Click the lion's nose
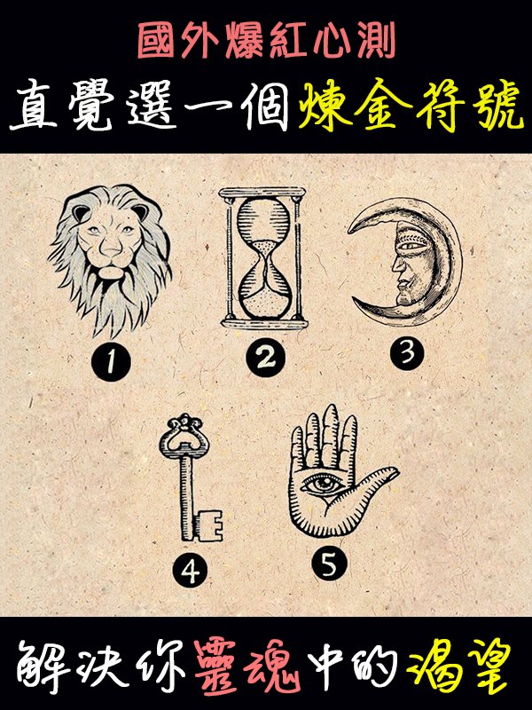(x=111, y=247)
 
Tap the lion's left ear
(x=82, y=213)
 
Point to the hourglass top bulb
(x=264, y=221)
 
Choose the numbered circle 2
(x=265, y=358)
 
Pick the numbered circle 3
(x=408, y=352)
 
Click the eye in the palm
(x=325, y=484)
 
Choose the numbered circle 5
(x=329, y=564)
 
